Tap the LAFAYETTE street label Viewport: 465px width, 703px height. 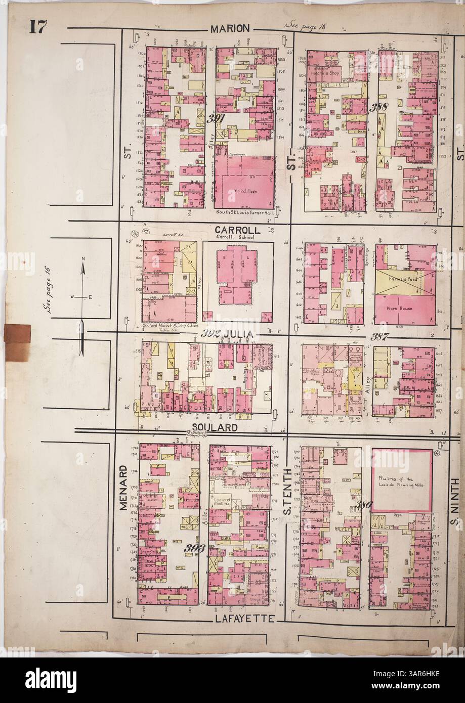(x=243, y=619)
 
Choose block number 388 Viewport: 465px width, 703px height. (x=378, y=107)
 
